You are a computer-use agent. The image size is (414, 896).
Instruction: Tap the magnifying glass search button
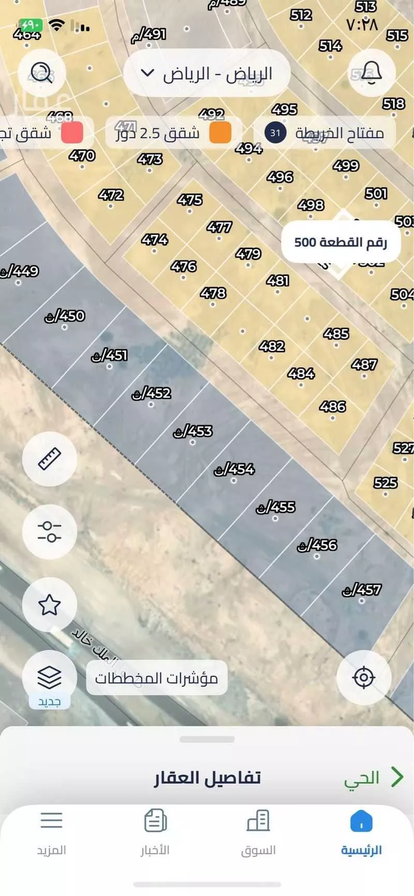pos(42,73)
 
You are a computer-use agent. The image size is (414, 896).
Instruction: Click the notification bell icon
pos(371,73)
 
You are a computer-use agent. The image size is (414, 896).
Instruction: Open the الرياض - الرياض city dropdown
pos(207,74)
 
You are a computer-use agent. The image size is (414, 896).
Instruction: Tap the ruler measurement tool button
pos(50,459)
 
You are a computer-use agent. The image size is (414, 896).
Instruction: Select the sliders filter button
pos(50,532)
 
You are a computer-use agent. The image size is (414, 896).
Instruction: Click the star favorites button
pos(50,605)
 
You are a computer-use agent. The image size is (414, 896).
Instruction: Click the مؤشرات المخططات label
pos(156,678)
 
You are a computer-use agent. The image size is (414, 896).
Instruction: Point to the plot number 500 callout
pos(341,242)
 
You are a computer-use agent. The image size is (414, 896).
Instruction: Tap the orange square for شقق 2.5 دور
pos(220,133)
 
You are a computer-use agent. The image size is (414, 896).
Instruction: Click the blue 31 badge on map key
pos(275,133)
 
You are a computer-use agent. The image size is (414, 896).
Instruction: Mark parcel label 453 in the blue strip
pos(193,431)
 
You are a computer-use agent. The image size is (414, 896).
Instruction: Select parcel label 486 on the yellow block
pos(332,407)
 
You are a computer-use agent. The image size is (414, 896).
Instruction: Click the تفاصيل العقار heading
pos(207,778)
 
